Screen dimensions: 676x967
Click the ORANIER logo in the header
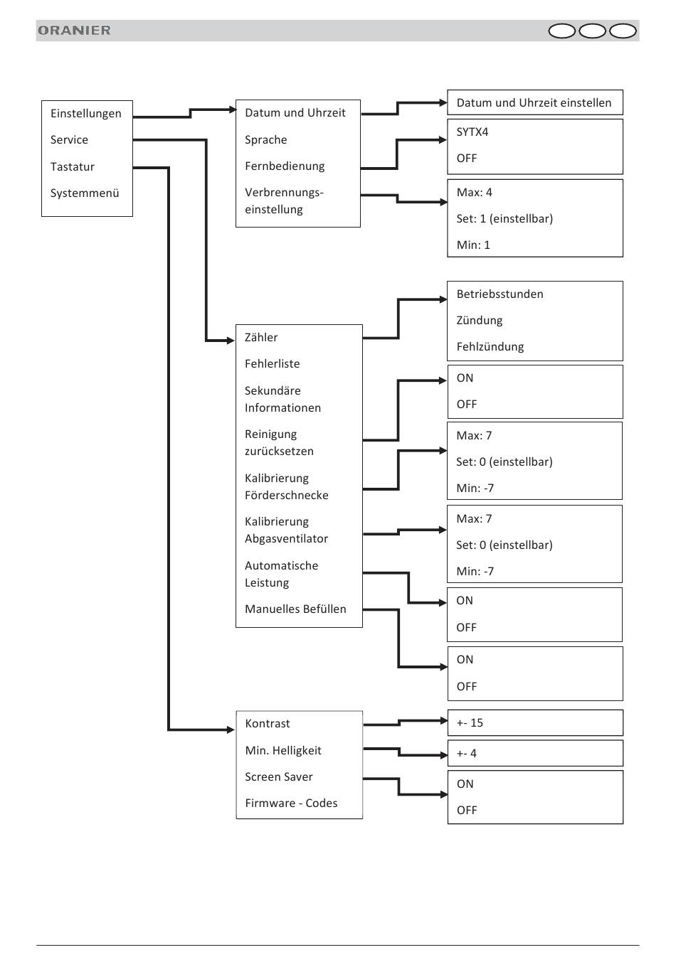click(74, 30)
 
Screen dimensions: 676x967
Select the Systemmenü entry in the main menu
click(85, 193)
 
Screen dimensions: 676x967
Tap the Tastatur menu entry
click(72, 166)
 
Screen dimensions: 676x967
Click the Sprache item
click(265, 140)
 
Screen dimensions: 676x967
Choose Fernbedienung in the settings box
click(285, 166)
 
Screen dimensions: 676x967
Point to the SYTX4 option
click(472, 132)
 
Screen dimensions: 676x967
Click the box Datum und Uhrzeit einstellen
click(535, 102)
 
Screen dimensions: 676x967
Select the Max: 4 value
click(474, 193)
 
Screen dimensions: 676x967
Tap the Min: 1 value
click(473, 245)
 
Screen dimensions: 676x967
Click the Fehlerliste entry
click(272, 364)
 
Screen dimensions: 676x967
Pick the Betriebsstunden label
click(500, 294)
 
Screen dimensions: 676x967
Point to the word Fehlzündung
click(490, 347)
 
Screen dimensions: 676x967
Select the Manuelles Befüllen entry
click(295, 609)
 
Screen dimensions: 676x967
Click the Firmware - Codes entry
click(291, 803)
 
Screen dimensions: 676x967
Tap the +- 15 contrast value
click(470, 722)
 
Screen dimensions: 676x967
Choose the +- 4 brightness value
click(467, 753)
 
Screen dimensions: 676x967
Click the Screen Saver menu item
click(279, 776)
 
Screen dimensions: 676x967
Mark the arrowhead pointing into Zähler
click(231, 341)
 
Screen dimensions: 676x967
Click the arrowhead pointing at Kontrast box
click(231, 730)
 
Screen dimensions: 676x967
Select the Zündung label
click(480, 320)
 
